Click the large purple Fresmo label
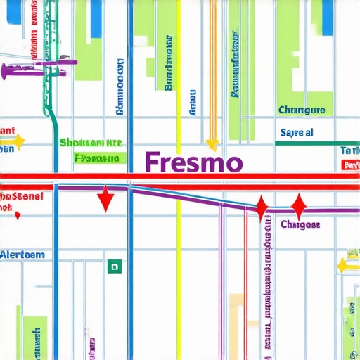[193, 161]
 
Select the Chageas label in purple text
[300, 224]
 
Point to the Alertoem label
[22, 255]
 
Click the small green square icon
[113, 266]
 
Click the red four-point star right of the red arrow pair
[298, 207]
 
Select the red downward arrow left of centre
[105, 199]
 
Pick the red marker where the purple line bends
[262, 208]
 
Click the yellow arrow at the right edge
[347, 265]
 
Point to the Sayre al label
[297, 132]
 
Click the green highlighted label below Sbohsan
[100, 158]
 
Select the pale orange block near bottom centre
[238, 309]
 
